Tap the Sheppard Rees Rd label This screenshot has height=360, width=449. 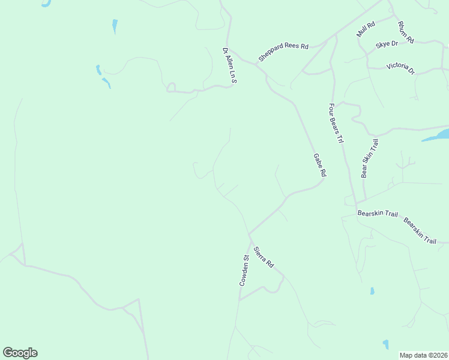click(283, 52)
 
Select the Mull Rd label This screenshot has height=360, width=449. click(365, 29)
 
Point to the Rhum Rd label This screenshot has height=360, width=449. click(406, 32)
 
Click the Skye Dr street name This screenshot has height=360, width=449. click(387, 44)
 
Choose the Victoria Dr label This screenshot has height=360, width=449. click(400, 68)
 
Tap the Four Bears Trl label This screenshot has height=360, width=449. click(336, 123)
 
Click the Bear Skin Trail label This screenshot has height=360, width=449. click(370, 158)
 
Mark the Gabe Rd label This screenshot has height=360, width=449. click(319, 164)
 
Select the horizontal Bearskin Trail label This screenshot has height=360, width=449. click(378, 213)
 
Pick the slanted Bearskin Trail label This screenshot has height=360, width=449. click(420, 230)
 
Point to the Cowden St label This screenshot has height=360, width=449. click(244, 269)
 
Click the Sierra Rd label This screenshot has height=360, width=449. click(263, 257)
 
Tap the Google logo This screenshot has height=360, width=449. click(20, 353)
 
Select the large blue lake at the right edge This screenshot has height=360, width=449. click(437, 135)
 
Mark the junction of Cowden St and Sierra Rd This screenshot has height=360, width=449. click(249, 235)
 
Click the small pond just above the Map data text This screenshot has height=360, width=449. click(385, 344)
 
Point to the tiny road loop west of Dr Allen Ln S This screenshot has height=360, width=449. click(170, 88)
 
